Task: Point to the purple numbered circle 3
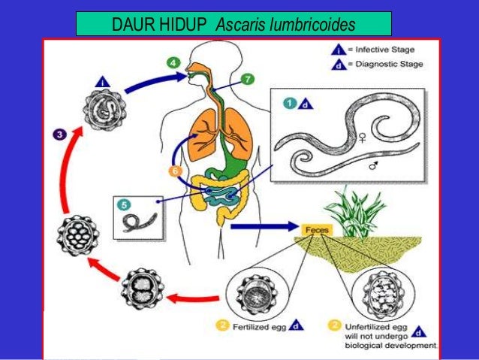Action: pos(58,134)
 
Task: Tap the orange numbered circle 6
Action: pos(175,171)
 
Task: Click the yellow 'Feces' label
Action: pos(314,228)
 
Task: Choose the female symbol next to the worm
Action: pos(363,138)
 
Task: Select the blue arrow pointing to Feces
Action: pos(262,225)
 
